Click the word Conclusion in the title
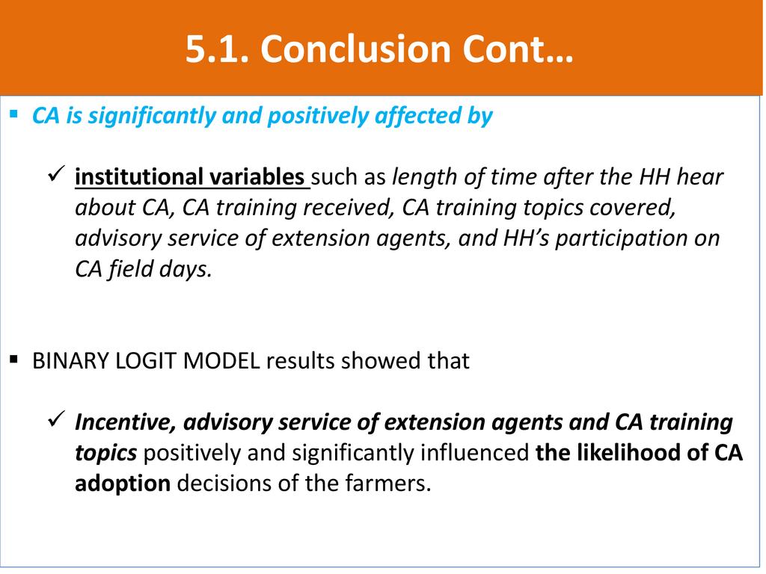tap(355, 49)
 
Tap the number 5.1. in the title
tap(218, 49)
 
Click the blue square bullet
tap(13, 114)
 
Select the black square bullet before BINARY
tap(13, 360)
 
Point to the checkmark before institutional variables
tap(57, 173)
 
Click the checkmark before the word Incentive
tap(57, 419)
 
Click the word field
tap(130, 269)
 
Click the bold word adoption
tap(123, 484)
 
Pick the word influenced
tap(475, 452)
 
